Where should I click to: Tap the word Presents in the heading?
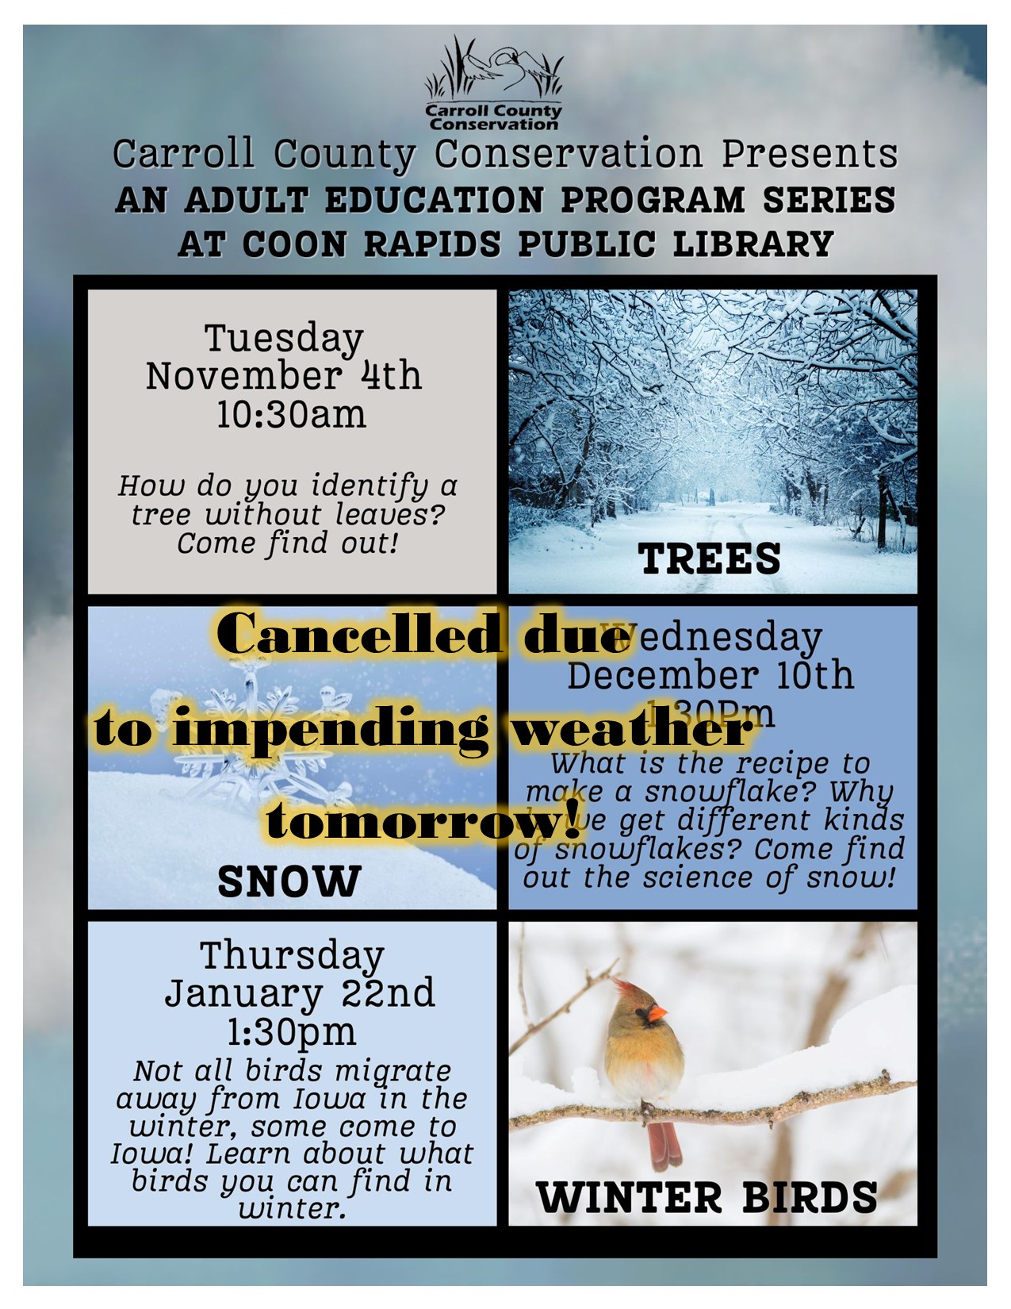coord(809,154)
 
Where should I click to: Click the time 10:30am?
coord(292,414)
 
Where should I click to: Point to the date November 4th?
coord(284,375)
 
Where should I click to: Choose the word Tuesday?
coord(284,337)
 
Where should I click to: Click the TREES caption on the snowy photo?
coord(710,559)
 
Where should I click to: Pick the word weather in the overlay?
coord(630,728)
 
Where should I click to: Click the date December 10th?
coord(710,675)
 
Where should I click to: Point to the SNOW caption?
coord(289,881)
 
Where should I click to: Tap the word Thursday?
coord(292,955)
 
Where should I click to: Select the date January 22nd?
coord(300,993)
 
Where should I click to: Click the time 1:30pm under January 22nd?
coord(292,1032)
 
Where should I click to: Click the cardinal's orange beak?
coord(657,1013)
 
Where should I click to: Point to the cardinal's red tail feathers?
coord(664,1142)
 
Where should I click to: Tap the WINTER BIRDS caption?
coord(707,1197)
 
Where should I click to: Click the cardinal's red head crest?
coord(626,988)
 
